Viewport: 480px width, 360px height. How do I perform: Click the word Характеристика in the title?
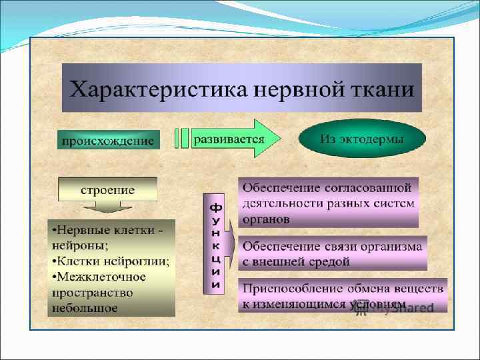point(144,89)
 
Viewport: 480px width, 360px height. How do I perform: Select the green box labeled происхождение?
point(107,141)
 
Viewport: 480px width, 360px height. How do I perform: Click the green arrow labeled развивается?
point(230,139)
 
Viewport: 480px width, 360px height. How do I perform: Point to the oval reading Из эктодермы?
point(362,139)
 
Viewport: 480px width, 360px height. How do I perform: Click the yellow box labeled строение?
point(107,190)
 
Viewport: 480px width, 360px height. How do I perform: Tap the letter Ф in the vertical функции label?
point(217,207)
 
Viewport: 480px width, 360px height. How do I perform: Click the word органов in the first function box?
point(266,219)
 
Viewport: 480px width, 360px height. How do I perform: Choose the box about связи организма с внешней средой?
point(332,253)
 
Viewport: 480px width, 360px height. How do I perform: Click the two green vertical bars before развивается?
point(181,139)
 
